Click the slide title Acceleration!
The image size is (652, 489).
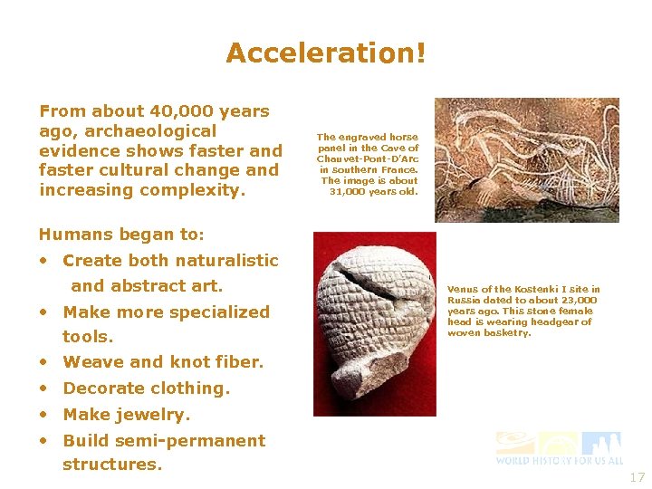pyautogui.click(x=325, y=53)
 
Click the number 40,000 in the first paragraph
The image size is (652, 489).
pyautogui.click(x=183, y=111)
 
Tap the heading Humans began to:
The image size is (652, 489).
pyautogui.click(x=121, y=235)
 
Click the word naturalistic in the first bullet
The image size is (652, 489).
pyautogui.click(x=228, y=261)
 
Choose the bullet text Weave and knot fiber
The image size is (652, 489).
pyautogui.click(x=163, y=362)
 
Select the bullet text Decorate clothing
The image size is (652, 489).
pyautogui.click(x=146, y=388)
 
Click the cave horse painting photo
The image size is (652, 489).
pyautogui.click(x=526, y=159)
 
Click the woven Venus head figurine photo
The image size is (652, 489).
pyautogui.click(x=374, y=323)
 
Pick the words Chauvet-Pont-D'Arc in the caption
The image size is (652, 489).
pyautogui.click(x=368, y=158)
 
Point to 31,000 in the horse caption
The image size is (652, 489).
pyautogui.click(x=349, y=191)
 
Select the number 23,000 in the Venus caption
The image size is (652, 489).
pyautogui.click(x=577, y=301)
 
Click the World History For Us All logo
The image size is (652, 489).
pyautogui.click(x=559, y=448)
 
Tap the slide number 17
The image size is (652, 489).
pyautogui.click(x=637, y=477)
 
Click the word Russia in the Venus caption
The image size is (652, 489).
pyautogui.click(x=463, y=301)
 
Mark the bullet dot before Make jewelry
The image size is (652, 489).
pyautogui.click(x=43, y=416)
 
